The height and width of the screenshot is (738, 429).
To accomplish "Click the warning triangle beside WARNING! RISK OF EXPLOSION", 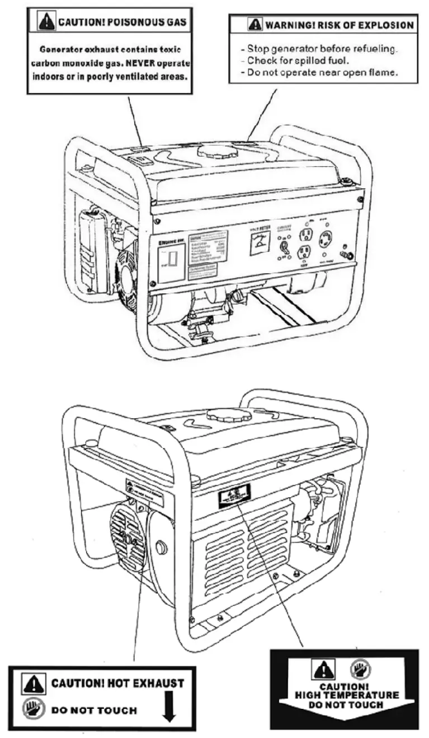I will pos(254,25).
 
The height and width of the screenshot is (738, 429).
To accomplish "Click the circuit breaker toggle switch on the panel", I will pos(284,245).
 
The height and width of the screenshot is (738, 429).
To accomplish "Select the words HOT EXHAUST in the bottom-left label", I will pos(145,684).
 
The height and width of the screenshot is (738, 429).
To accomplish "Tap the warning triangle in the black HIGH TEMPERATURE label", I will pos(323,670).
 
